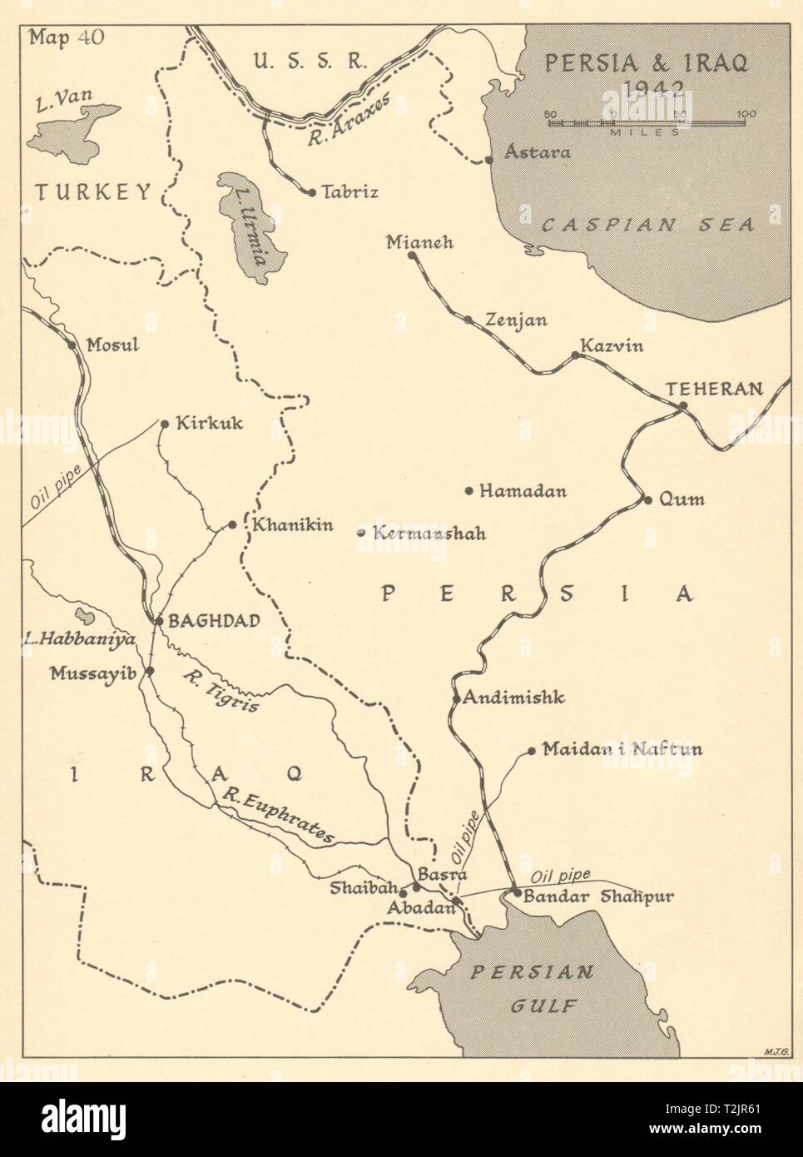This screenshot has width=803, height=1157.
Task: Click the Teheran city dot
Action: tap(682, 406)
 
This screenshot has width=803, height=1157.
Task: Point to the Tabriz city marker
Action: tap(311, 192)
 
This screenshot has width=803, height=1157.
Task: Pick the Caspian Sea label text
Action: tap(647, 224)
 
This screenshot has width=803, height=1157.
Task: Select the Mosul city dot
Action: tap(71, 345)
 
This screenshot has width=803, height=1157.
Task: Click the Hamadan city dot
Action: tap(469, 491)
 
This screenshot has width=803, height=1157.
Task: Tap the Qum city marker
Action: tap(647, 500)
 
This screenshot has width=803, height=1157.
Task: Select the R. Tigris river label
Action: tap(221, 690)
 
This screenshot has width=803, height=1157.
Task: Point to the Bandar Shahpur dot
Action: tap(517, 893)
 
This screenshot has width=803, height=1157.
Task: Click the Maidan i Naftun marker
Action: tap(532, 751)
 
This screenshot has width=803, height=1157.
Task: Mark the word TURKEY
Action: tap(92, 193)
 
